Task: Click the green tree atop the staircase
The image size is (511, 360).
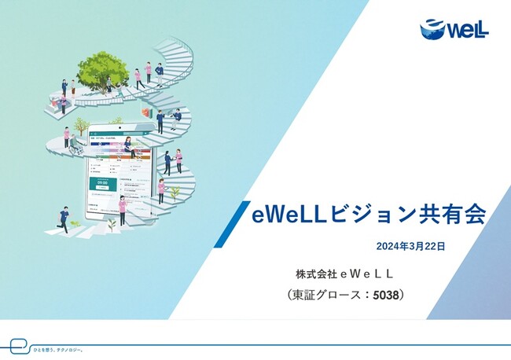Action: click(x=102, y=69)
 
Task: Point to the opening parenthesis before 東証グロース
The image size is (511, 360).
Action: click(x=292, y=295)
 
